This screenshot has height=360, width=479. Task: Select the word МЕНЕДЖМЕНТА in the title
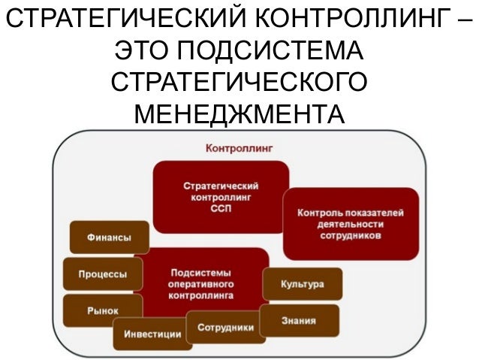[239, 114]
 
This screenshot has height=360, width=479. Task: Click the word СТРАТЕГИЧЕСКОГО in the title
[239, 83]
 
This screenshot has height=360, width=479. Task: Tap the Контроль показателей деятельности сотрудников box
[350, 223]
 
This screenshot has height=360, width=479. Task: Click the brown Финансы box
[108, 237]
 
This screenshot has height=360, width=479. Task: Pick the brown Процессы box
[103, 274]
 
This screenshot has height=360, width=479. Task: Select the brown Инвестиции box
[152, 334]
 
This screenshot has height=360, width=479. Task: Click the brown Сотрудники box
[225, 328]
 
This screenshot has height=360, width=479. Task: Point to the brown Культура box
[302, 285]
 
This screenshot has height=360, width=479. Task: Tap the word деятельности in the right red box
[350, 224]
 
